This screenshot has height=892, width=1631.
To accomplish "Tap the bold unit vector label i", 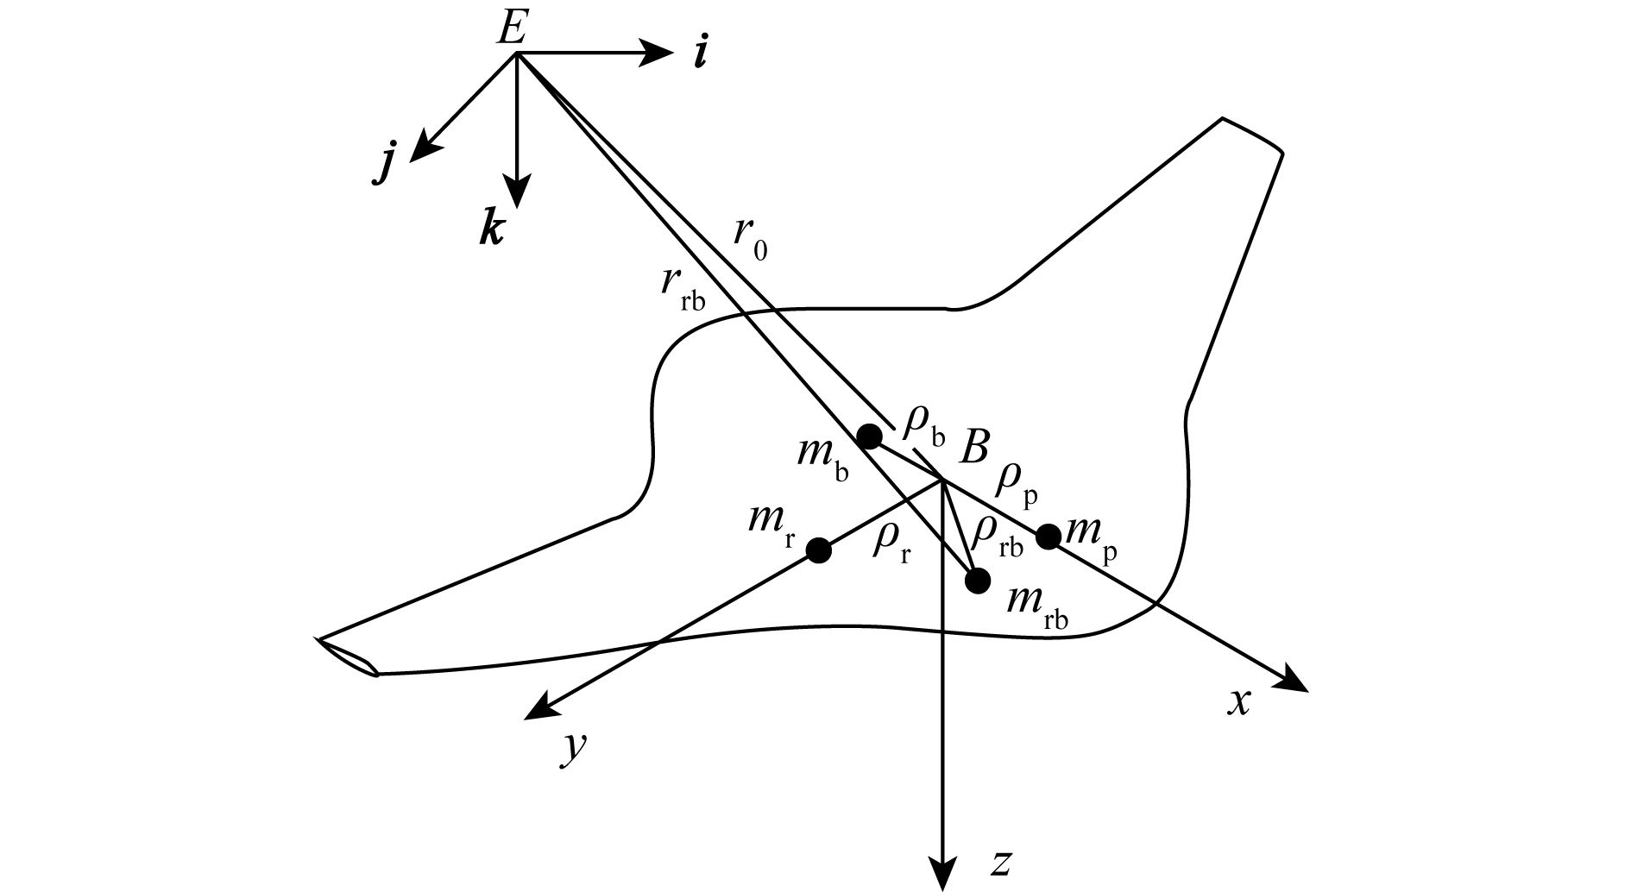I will tap(701, 54).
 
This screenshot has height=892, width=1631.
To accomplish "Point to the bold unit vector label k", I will tap(492, 230).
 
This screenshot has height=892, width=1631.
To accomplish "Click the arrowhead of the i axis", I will tap(659, 53).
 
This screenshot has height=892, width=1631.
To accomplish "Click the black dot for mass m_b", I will tap(870, 437).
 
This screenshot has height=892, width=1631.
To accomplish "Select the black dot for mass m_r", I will tap(818, 550).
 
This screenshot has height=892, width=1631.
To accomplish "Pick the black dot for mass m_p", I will tap(1048, 537).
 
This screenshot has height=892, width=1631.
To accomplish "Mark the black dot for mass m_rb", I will tap(977, 581).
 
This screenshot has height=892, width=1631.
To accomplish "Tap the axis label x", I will tap(1239, 703).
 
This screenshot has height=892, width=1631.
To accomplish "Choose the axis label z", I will tap(1001, 864).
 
